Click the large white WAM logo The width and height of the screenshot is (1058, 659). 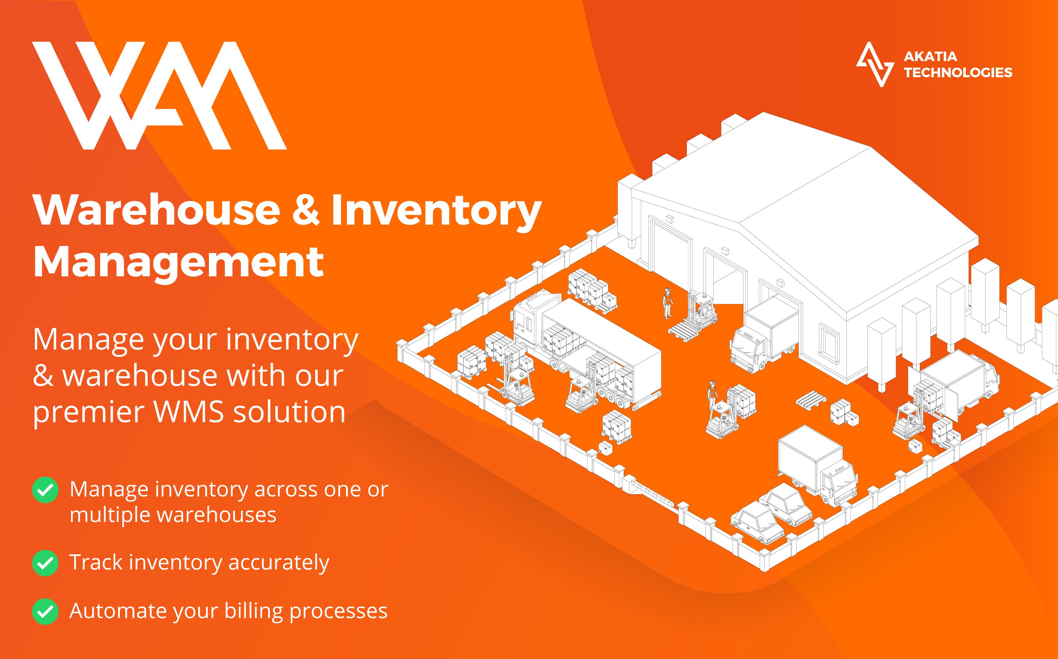[159, 96]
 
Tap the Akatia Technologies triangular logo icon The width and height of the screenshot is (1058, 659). [874, 64]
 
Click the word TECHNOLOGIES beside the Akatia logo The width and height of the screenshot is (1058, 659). [958, 72]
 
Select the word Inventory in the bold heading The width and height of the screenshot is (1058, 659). [436, 211]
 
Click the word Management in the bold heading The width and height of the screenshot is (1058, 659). [178, 262]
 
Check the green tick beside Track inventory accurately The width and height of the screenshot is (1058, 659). [45, 563]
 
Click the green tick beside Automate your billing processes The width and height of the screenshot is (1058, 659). [45, 612]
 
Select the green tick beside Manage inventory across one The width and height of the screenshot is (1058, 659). [45, 490]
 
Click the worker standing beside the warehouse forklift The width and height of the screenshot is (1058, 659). [667, 303]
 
